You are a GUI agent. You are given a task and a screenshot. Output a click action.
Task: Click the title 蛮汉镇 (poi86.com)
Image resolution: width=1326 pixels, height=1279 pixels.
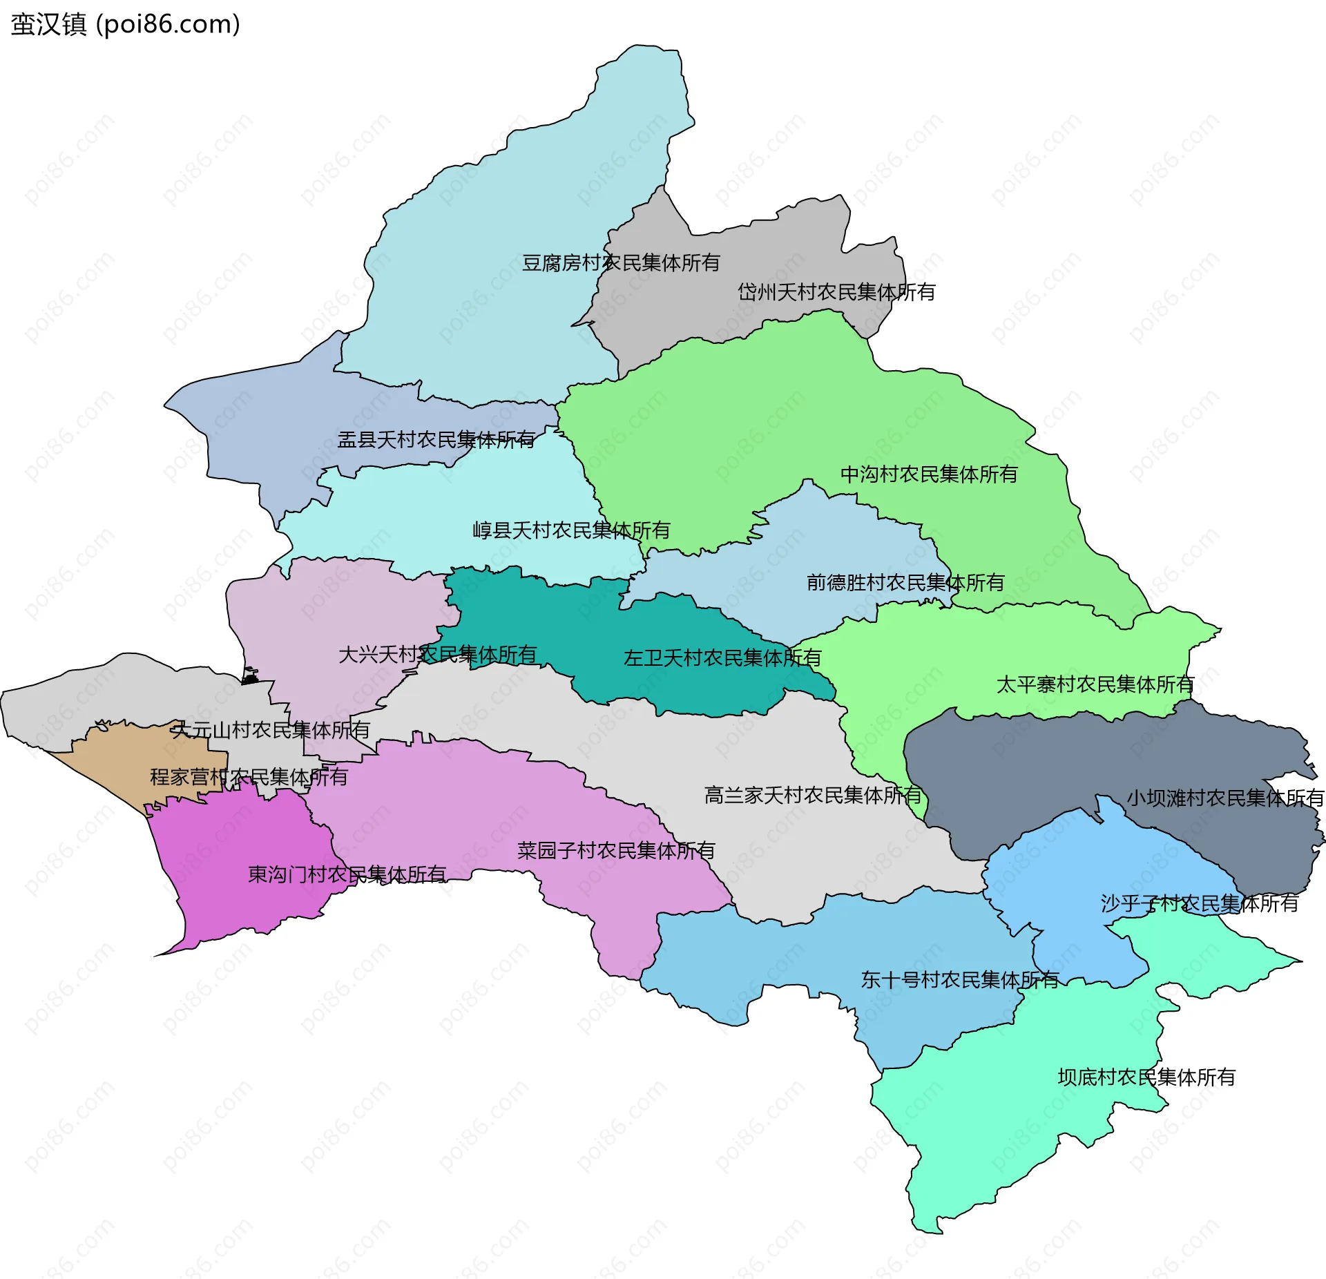coord(125,24)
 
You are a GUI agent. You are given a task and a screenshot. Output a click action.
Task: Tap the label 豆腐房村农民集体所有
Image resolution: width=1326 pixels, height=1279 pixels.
coord(620,263)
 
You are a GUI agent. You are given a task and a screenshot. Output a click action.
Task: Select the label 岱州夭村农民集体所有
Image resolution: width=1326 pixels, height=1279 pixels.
coord(836,292)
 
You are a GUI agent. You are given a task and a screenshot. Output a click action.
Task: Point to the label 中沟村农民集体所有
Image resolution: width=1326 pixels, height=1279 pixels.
coord(928,474)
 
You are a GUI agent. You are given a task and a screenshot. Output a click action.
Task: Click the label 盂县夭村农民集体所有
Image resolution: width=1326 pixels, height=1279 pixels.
coord(436,440)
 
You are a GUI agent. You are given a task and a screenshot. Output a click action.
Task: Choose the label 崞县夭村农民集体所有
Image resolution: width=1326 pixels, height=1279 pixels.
coord(571,530)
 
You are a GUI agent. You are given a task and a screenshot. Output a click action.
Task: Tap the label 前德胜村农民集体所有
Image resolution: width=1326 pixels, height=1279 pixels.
coord(905,583)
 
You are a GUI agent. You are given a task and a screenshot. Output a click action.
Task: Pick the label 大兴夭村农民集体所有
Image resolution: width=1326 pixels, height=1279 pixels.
coord(437,655)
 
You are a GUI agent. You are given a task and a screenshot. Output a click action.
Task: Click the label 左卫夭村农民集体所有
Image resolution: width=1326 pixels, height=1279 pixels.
coord(722,658)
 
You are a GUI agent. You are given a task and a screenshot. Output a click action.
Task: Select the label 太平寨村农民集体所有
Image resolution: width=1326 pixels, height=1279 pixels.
coord(1095,685)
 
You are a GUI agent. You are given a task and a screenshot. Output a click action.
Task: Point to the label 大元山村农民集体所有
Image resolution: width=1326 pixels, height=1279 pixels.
coord(271,730)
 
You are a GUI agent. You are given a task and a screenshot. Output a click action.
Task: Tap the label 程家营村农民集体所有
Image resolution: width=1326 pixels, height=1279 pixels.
coord(249,778)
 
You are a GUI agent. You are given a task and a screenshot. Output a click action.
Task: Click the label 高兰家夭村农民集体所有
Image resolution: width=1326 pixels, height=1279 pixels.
coord(812,796)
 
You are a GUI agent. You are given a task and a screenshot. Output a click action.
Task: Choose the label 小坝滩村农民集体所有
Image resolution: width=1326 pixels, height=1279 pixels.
coord(1225,798)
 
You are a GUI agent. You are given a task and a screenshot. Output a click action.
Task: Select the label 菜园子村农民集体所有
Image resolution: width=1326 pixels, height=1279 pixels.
coord(615,851)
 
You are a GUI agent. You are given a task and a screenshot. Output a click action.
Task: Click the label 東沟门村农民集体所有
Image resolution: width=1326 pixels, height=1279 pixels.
coord(347,875)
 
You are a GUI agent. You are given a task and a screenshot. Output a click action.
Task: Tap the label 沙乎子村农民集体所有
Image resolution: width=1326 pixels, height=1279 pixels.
coord(1199,904)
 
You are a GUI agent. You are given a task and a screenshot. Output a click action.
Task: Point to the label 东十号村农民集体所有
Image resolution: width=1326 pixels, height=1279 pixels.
coord(959,980)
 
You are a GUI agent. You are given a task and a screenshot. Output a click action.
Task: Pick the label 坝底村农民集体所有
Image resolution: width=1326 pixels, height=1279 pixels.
coord(1146,1077)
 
